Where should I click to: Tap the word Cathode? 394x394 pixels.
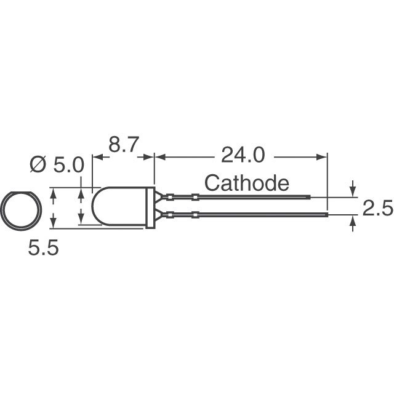coord(246,183)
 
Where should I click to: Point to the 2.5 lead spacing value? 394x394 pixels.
coord(377,210)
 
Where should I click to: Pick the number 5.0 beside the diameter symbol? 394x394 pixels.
coord(68,165)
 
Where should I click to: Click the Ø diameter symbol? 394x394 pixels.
coord(38,165)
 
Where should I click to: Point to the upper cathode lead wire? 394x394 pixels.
coord(246,198)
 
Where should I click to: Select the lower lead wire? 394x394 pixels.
coord(246,215)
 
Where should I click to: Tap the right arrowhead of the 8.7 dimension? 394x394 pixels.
coord(149,158)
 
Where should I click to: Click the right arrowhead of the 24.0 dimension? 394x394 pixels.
coord(322,158)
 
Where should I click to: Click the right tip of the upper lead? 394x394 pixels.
coord(309,198)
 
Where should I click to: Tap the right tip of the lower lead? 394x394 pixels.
coord(326,215)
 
